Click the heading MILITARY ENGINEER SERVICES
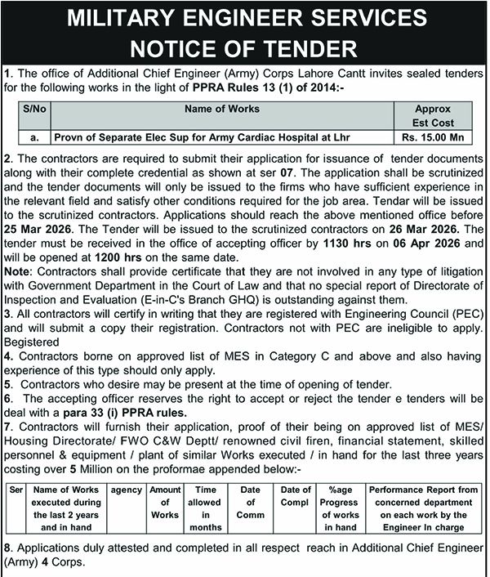[x=244, y=19]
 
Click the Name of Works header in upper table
[x=222, y=109]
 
